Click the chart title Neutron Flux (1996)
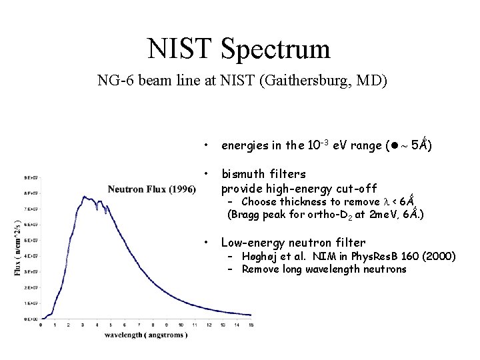coord(151,189)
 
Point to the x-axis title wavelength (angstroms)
coord(145,334)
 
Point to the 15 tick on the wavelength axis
coord(251,325)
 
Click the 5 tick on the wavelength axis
coord(111,325)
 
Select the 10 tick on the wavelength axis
coord(181,325)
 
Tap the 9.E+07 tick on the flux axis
coord(30,177)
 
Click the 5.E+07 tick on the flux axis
coord(30,241)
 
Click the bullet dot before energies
coord(209,145)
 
